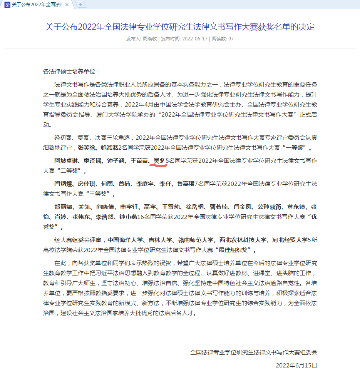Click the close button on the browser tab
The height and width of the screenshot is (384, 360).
[x=67, y=4]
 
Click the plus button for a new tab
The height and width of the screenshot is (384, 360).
[x=81, y=4]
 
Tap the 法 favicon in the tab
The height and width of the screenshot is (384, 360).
[x=7, y=4]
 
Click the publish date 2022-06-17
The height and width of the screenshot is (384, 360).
[x=195, y=39]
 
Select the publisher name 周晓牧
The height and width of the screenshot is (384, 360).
[x=149, y=39]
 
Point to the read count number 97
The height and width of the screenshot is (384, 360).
[x=231, y=39]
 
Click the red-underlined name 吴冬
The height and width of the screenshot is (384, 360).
[x=159, y=160]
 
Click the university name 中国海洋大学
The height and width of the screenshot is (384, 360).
[x=126, y=240]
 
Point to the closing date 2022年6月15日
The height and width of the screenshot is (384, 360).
[x=296, y=365]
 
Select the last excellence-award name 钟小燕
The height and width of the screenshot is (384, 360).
[x=129, y=217]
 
